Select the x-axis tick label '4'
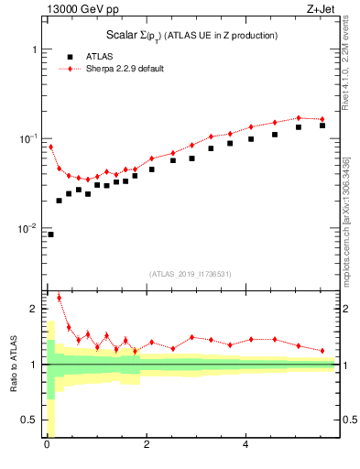[x=245, y=446]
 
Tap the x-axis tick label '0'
[x=46, y=446]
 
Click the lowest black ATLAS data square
[x=50, y=234]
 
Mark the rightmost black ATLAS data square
[x=322, y=125]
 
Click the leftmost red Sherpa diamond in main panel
[x=50, y=147]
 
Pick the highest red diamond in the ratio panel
[x=60, y=297]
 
